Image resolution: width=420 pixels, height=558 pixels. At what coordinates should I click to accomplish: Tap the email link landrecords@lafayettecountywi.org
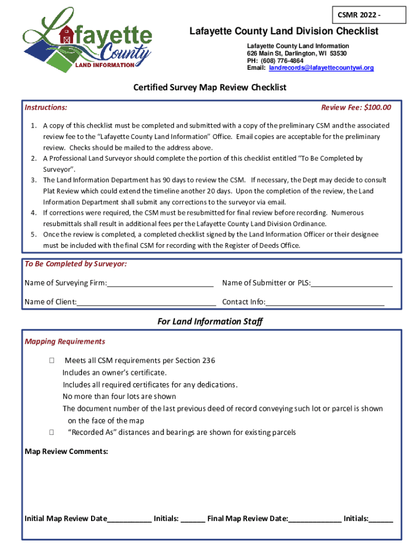click(x=321, y=68)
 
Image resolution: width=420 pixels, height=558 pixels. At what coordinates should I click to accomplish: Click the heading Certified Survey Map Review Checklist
click(x=210, y=87)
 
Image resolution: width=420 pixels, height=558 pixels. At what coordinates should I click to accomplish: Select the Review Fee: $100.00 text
click(x=356, y=107)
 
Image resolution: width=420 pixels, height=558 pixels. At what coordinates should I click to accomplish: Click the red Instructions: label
click(x=46, y=107)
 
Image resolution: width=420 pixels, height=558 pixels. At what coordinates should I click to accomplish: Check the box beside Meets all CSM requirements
click(x=51, y=361)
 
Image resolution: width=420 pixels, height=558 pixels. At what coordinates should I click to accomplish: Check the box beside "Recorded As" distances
click(x=51, y=433)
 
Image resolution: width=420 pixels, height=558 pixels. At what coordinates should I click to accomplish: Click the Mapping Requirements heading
click(x=65, y=342)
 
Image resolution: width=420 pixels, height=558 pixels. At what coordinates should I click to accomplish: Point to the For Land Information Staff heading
click(x=210, y=322)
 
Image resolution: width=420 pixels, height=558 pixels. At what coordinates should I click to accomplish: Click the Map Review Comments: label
click(x=67, y=452)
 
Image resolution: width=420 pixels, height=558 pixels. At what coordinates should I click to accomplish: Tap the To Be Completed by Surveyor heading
click(x=76, y=264)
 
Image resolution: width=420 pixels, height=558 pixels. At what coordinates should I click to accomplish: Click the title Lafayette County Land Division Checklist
click(x=284, y=32)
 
